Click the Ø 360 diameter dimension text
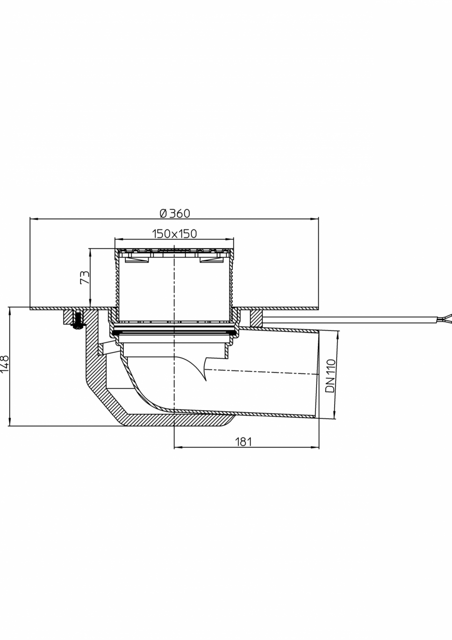[174, 213]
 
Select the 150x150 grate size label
[174, 234]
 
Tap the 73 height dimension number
[85, 277]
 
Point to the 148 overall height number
[5, 365]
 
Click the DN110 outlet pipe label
[331, 376]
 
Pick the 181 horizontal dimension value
[243, 442]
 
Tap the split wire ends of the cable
[444, 320]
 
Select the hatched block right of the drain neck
[256, 318]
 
